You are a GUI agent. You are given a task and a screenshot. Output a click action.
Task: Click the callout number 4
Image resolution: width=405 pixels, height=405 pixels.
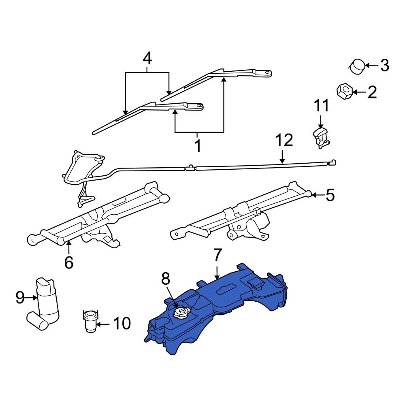click(147, 59)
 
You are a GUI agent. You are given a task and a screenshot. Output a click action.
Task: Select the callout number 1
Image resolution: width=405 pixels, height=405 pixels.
click(198, 146)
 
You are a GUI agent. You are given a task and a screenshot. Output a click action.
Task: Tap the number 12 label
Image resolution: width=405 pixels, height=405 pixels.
click(283, 141)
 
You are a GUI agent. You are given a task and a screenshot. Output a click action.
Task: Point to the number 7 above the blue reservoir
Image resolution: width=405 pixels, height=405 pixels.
click(217, 256)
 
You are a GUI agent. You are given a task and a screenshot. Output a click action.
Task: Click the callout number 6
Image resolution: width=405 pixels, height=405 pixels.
click(69, 262)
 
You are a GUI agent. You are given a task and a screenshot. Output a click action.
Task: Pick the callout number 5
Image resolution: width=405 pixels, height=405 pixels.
click(330, 196)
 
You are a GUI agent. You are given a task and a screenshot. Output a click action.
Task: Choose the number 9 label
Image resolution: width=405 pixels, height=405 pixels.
click(20, 298)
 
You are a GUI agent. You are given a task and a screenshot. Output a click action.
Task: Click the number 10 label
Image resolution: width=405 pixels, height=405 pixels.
click(122, 324)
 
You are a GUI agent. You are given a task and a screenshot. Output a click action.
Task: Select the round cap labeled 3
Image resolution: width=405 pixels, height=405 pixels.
click(357, 66)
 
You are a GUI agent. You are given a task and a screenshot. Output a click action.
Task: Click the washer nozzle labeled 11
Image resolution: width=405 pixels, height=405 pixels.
click(320, 136)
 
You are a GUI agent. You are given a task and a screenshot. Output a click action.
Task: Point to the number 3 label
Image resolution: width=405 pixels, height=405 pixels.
click(384, 65)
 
